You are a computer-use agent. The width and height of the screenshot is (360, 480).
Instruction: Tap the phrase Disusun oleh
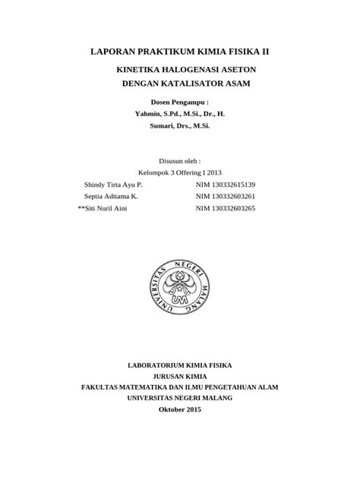179,160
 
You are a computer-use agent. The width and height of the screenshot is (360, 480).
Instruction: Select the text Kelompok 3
155,172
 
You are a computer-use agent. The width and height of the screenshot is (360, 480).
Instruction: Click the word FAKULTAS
103,387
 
